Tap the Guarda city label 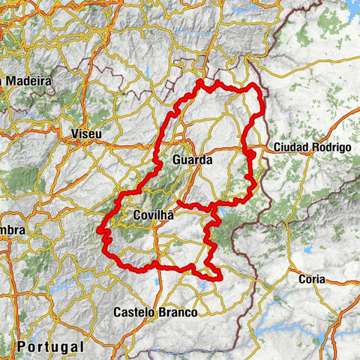click(x=192, y=160)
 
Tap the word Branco click(x=177, y=312)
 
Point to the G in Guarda click(x=175, y=160)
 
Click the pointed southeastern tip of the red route click(x=223, y=280)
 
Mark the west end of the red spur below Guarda click(x=178, y=202)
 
